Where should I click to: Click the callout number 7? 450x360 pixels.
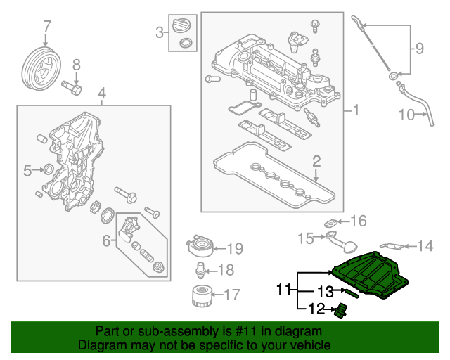click(x=47, y=27)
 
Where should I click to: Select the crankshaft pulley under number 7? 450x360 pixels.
click(x=38, y=69)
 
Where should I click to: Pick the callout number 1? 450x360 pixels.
click(x=355, y=110)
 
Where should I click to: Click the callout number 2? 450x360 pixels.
click(x=316, y=161)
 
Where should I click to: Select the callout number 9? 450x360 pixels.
click(x=419, y=49)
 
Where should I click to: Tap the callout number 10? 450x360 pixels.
click(x=409, y=114)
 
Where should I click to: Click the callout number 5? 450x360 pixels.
click(x=28, y=169)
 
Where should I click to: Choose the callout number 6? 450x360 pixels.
click(x=107, y=241)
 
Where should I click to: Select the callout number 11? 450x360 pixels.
click(x=283, y=288)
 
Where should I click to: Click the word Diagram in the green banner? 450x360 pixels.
click(x=99, y=345)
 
